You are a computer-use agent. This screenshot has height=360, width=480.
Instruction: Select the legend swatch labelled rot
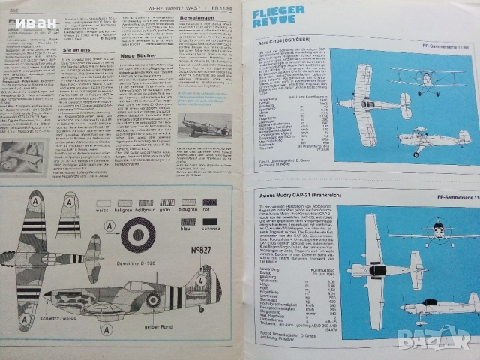210,203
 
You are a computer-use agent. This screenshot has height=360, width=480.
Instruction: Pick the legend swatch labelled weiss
103,203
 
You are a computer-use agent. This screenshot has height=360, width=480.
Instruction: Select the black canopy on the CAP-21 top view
376,269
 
